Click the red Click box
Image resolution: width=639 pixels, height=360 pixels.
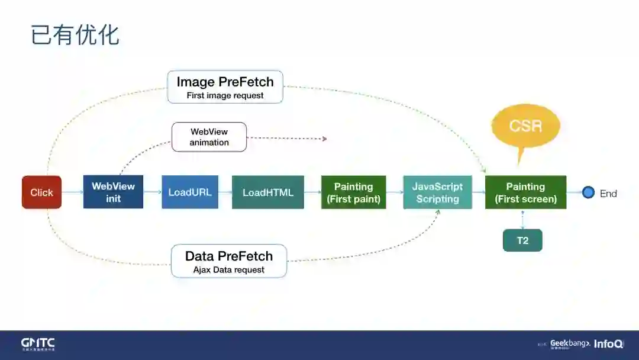(x=41, y=192)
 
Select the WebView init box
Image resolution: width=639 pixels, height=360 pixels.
(x=113, y=192)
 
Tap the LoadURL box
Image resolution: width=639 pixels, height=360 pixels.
(x=190, y=192)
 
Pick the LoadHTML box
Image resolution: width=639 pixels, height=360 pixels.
(x=267, y=192)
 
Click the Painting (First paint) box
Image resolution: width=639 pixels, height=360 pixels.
(x=353, y=192)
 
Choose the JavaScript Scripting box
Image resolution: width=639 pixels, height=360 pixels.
(x=437, y=192)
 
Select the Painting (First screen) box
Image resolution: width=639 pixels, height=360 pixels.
(x=525, y=192)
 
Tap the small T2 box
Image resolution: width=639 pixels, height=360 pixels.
(x=522, y=240)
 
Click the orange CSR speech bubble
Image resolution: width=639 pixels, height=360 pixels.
(x=525, y=126)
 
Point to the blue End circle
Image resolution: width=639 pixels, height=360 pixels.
(x=588, y=192)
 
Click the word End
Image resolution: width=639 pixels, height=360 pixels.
(x=608, y=193)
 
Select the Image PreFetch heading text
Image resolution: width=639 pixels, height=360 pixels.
(x=225, y=82)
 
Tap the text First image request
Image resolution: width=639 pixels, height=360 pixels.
(x=225, y=95)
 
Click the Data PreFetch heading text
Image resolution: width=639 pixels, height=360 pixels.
(x=229, y=256)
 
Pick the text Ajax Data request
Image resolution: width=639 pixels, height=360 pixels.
(x=229, y=270)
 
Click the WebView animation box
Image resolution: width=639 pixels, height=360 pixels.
(x=209, y=137)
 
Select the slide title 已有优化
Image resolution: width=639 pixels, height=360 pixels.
(x=75, y=35)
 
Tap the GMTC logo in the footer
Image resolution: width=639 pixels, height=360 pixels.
(x=38, y=344)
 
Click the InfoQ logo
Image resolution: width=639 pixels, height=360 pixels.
(x=608, y=343)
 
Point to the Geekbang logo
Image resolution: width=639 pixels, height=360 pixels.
(x=570, y=343)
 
